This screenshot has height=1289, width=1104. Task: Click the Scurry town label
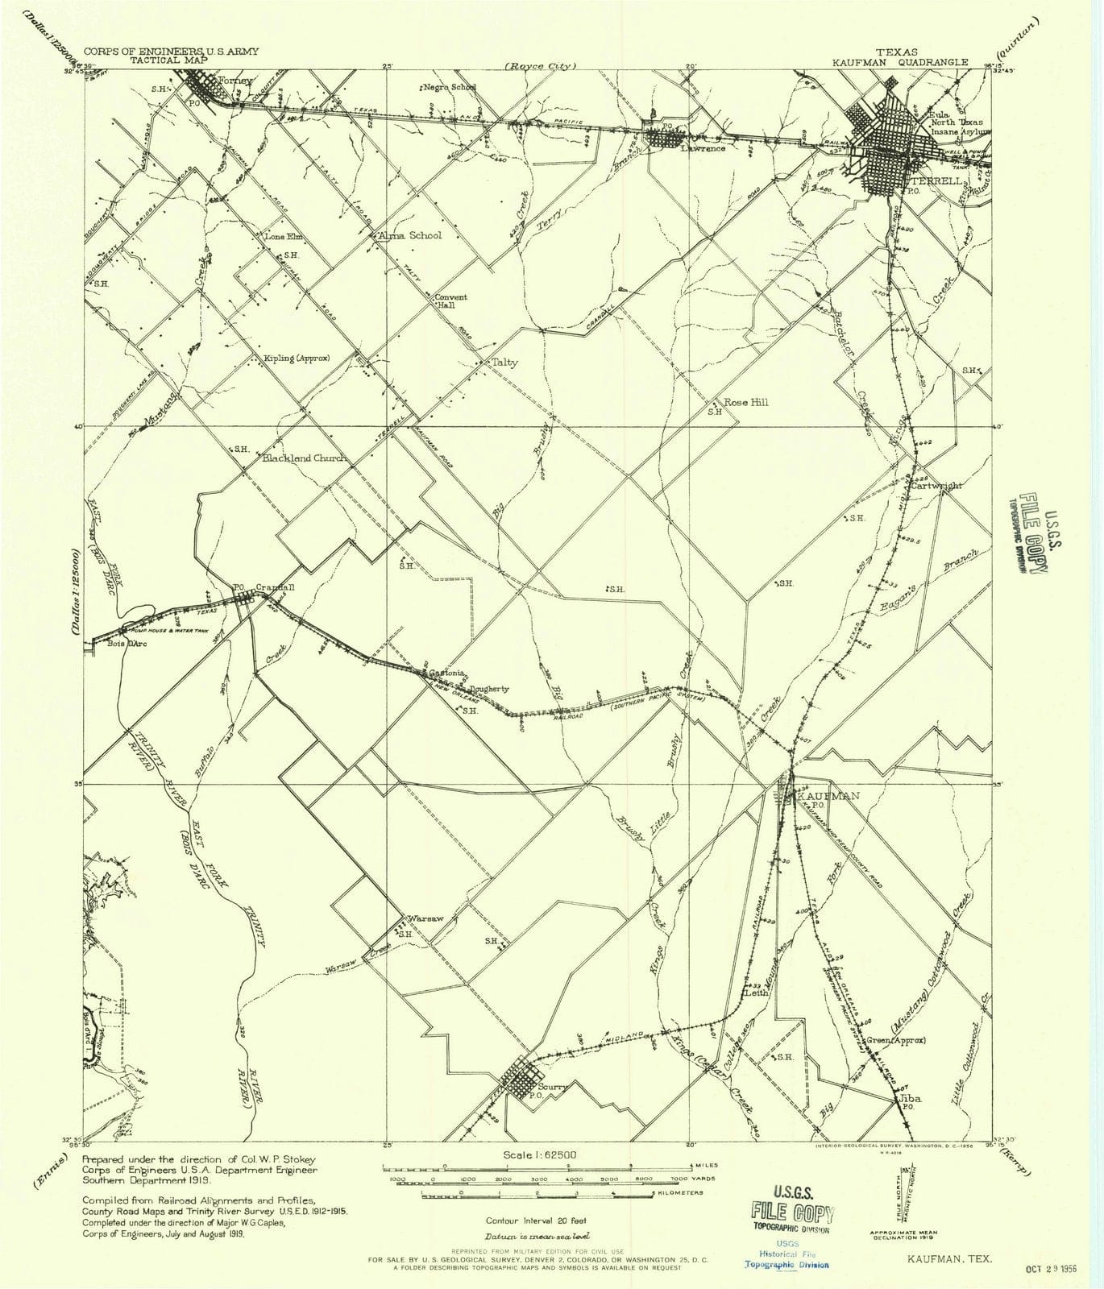click(x=554, y=1087)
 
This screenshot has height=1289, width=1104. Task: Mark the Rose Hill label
click(x=746, y=402)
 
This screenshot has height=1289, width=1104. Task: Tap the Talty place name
click(x=505, y=363)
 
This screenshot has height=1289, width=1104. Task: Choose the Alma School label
click(x=410, y=235)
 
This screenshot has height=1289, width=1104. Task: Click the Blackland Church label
click(x=305, y=458)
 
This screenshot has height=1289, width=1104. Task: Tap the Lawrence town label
click(x=703, y=148)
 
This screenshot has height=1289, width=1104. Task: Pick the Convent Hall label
click(x=451, y=301)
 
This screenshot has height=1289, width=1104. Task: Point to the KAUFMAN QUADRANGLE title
click(x=868, y=60)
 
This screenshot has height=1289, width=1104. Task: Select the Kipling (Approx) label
click(x=297, y=358)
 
